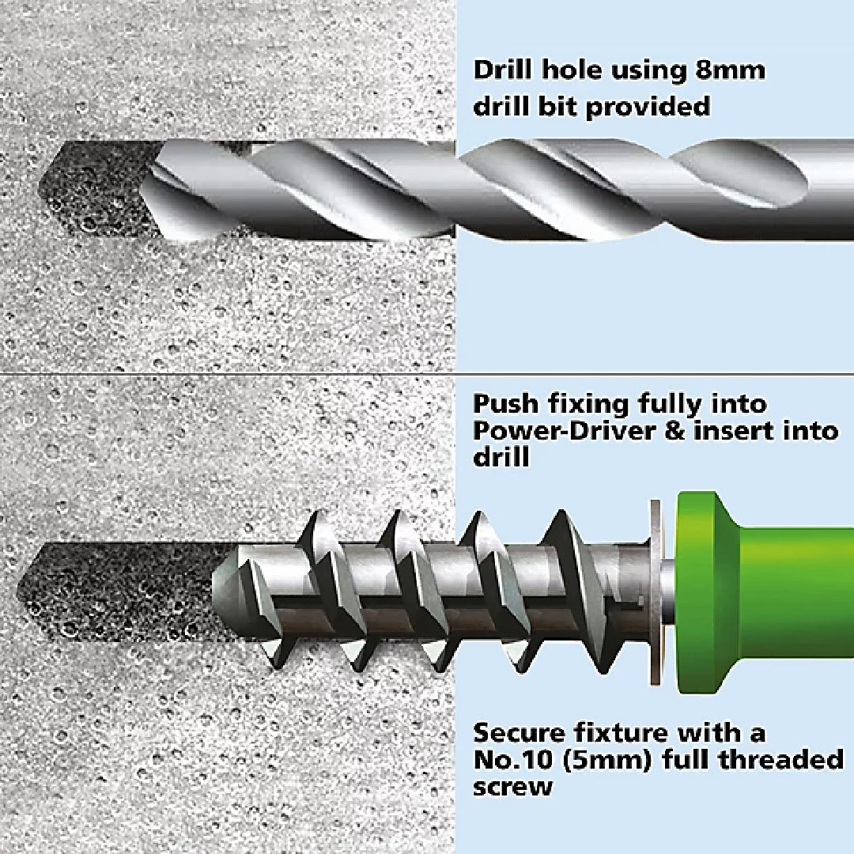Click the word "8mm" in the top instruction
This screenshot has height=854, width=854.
pos(731,71)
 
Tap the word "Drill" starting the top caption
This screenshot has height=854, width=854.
pos(502,71)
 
